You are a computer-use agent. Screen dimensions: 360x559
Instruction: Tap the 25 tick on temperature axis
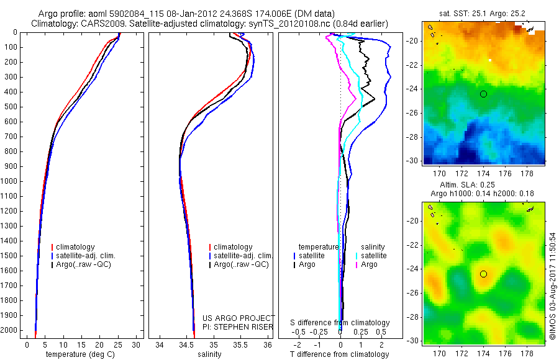[117, 344]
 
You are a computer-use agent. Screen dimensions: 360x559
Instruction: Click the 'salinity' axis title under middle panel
[209, 354]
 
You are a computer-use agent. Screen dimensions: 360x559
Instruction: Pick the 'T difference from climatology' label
[340, 354]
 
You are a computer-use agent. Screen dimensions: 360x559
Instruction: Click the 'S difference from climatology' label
[340, 323]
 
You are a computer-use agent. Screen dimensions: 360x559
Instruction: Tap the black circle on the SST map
[483, 94]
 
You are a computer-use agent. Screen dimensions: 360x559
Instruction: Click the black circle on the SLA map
[483, 274]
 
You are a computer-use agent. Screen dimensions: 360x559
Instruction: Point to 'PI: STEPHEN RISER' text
[239, 326]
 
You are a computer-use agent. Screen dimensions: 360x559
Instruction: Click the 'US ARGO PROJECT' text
[239, 318]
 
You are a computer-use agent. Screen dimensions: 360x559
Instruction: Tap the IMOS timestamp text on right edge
[553, 281]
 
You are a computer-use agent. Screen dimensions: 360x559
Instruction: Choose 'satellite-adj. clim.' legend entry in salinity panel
[243, 256]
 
